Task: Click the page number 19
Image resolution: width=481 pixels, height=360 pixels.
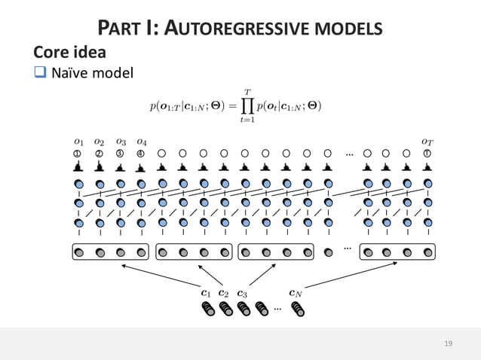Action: [x=449, y=343]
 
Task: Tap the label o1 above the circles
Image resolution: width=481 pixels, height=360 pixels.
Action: [x=78, y=141]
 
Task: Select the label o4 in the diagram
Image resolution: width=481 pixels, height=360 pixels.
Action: [x=141, y=141]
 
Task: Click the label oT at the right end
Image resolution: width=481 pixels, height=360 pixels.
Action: [x=427, y=141]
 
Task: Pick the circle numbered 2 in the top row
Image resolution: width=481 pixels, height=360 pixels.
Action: [x=99, y=154]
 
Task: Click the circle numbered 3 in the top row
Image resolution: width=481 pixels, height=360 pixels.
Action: [x=120, y=154]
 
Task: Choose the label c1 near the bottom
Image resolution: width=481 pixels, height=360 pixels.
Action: [x=206, y=293]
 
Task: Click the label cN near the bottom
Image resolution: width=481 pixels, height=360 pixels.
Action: [x=296, y=293]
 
